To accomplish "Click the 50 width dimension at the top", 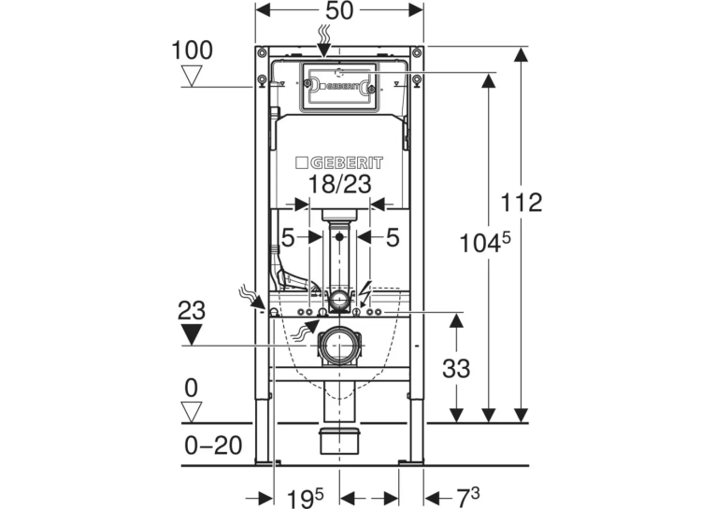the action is pos(339,10).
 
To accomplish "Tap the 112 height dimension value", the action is pos(522,203).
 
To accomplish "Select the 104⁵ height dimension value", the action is pos(485,243).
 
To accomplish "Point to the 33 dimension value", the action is pos(456,368).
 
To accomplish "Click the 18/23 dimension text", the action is pos(339,185).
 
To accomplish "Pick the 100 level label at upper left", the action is pos(192,50).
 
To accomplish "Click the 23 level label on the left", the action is pos(192,311).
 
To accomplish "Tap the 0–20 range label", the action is pos(213,445).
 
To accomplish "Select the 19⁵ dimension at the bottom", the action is pos(305,498).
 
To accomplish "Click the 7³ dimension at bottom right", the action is pos(468,496).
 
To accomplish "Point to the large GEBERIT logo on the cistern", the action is pos(339,163).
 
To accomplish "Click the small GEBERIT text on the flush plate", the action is pos(338,86).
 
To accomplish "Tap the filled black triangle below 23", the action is pos(192,335).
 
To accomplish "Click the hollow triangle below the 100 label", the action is pos(192,76).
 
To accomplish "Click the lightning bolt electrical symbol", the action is pos(365,293).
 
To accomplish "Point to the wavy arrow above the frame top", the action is pos(324,41).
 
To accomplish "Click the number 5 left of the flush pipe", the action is pos(288,237).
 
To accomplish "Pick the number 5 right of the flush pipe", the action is pos(393,237).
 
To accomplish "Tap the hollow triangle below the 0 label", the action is pos(192,412).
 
